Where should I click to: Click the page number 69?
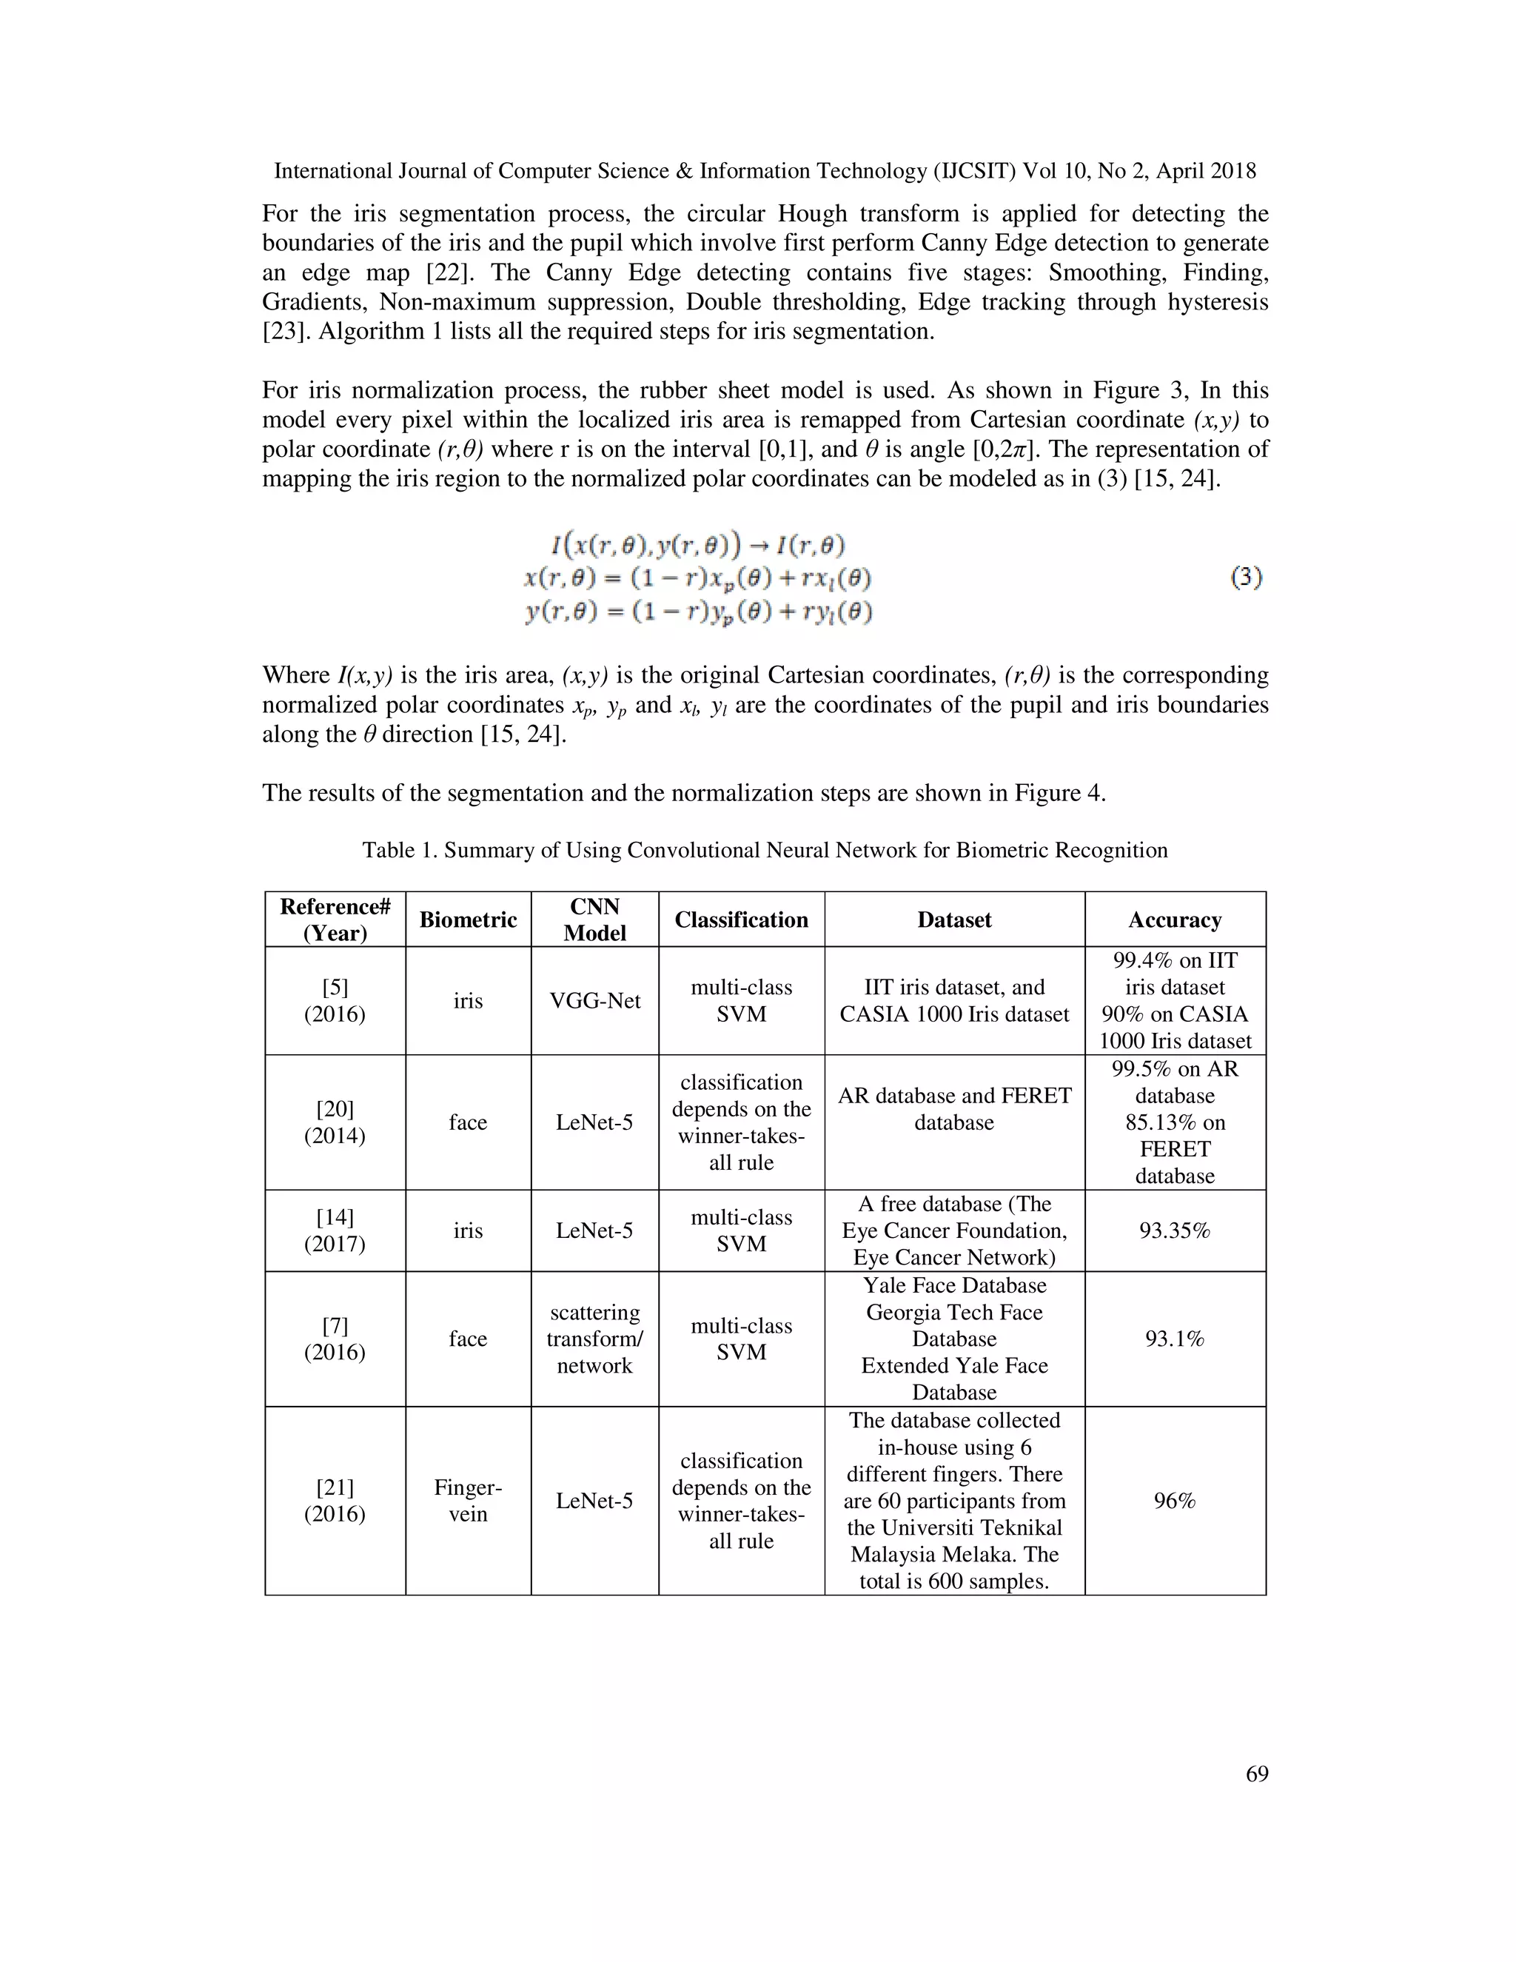pos(1256,1774)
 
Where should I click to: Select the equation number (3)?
pos(1246,577)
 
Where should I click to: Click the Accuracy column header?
pos(1174,920)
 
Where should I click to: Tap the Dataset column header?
pos(953,920)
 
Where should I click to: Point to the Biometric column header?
pos(468,920)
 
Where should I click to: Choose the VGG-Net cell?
pos(594,1001)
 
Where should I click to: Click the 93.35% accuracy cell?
pos(1174,1231)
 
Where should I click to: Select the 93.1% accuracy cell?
pos(1174,1339)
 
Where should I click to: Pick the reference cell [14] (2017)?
pos(335,1231)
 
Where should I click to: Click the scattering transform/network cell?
pos(594,1339)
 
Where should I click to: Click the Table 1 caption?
pos(764,851)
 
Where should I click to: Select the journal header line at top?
pos(764,172)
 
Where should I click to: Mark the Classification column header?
pos(741,920)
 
